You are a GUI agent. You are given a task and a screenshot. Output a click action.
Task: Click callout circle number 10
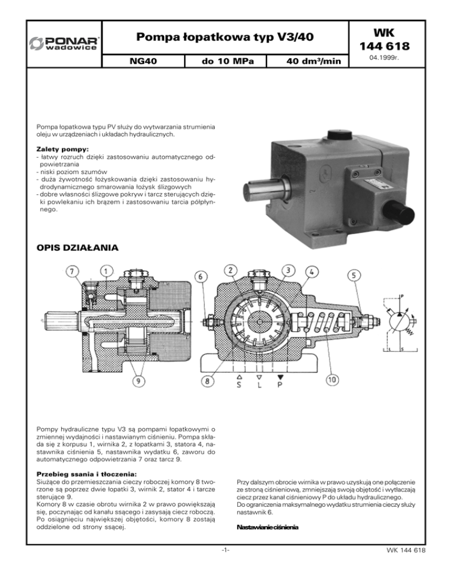(x=333, y=380)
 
